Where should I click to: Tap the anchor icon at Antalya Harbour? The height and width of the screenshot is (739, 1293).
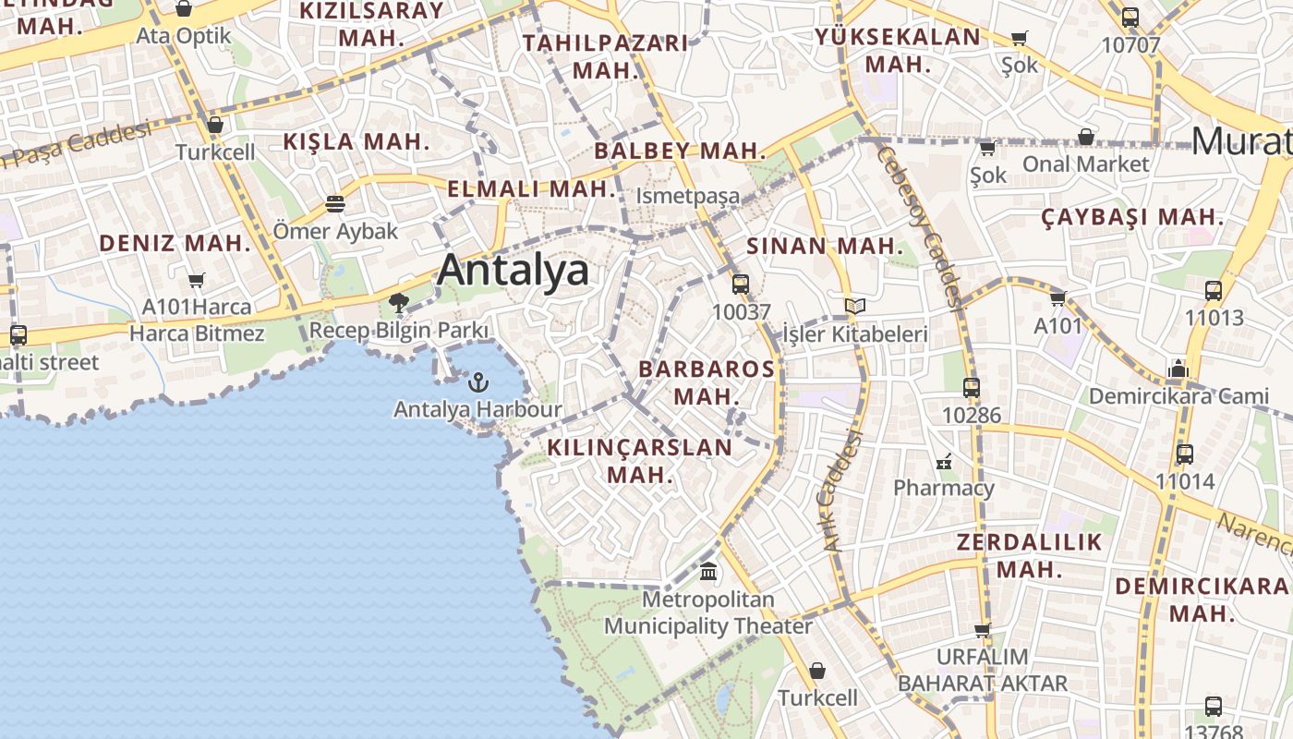click(x=478, y=381)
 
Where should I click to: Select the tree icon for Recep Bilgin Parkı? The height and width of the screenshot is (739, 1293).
click(x=399, y=302)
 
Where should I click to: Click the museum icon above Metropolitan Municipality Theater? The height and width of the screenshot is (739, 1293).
click(x=708, y=572)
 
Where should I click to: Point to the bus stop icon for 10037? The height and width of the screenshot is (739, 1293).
click(x=740, y=285)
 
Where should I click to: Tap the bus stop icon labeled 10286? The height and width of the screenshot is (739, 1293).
click(x=971, y=388)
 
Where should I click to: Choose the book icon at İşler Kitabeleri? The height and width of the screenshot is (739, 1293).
click(x=854, y=306)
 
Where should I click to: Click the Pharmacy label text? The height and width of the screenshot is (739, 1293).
click(x=943, y=487)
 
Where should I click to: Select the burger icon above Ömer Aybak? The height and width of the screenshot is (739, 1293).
click(x=334, y=203)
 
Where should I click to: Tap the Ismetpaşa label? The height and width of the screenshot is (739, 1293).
click(x=688, y=196)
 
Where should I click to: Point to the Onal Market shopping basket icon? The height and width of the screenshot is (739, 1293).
click(x=1086, y=137)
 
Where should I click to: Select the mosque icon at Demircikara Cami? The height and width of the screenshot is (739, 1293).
click(x=1178, y=369)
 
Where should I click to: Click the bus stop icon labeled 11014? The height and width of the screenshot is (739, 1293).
click(x=1185, y=454)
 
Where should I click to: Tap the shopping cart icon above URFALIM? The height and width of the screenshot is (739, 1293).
click(x=982, y=630)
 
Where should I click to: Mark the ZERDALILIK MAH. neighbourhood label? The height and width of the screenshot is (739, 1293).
click(x=1029, y=555)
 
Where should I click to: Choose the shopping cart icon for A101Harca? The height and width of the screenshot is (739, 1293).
click(x=196, y=280)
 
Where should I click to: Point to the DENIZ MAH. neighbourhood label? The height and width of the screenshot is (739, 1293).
click(x=175, y=244)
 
